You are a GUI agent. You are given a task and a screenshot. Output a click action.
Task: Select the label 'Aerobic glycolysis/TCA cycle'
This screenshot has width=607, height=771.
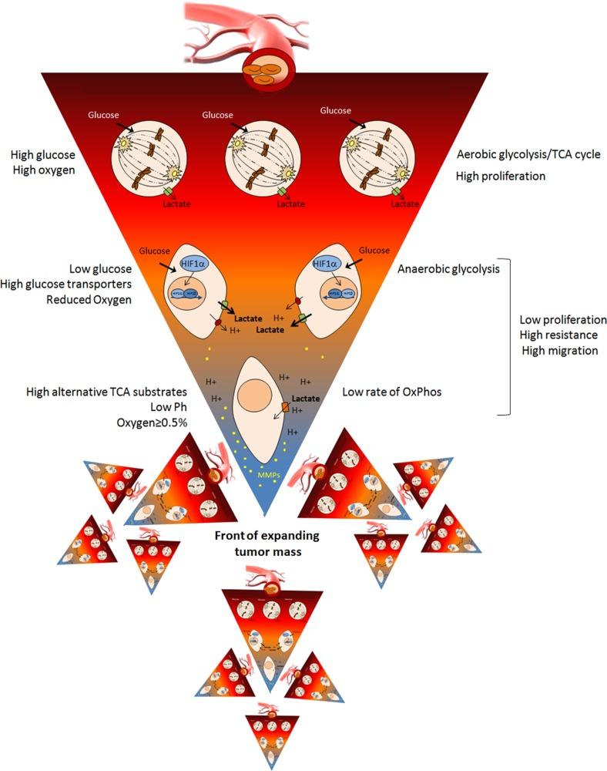pos(528,154)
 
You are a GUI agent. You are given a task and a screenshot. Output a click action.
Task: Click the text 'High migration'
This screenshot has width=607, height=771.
pos(559,350)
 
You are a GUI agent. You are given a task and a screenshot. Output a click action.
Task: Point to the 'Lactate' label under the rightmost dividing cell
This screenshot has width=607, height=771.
pos(404,204)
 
